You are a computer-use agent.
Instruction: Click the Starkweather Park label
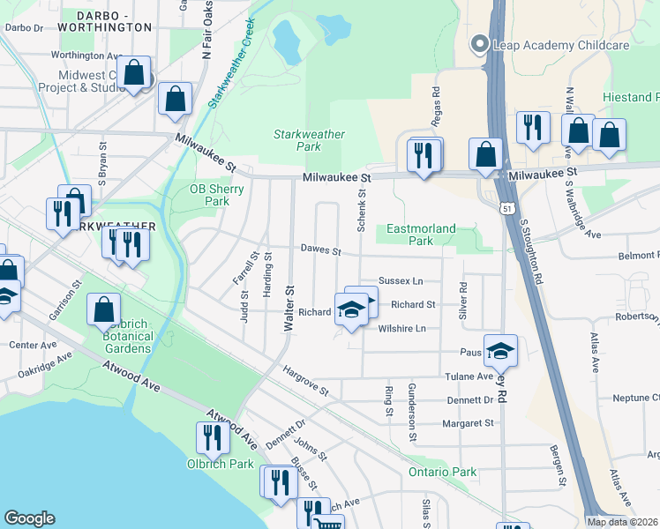pyautogui.click(x=309, y=140)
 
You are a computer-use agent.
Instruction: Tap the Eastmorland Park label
pyautogui.click(x=421, y=235)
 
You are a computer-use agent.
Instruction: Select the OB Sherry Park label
pyautogui.click(x=210, y=195)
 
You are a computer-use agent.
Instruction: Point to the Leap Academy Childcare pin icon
pyautogui.click(x=480, y=43)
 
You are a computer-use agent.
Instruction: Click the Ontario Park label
pyautogui.click(x=442, y=473)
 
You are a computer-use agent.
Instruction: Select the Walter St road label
pyautogui.click(x=289, y=309)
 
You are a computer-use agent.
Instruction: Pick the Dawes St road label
pyautogui.click(x=320, y=251)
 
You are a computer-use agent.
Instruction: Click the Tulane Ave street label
pyautogui.click(x=472, y=376)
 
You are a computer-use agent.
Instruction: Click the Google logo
pyautogui.click(x=29, y=518)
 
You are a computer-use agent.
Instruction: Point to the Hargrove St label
pyautogui.click(x=305, y=380)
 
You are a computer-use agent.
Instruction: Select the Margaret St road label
pyautogui.click(x=470, y=423)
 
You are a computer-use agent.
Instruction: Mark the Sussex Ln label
pyautogui.click(x=401, y=280)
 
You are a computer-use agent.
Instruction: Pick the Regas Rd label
pyautogui.click(x=436, y=103)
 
